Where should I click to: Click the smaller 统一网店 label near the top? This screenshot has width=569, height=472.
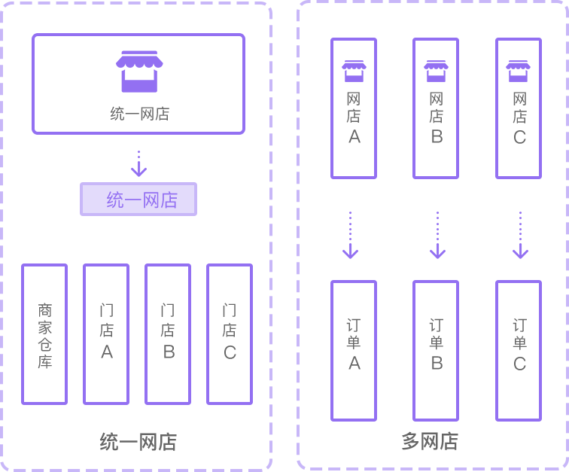point(140,114)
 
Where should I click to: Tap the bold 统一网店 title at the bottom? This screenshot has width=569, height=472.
point(138,442)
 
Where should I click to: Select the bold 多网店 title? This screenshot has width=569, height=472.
point(430,441)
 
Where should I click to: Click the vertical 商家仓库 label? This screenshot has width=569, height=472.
point(45,336)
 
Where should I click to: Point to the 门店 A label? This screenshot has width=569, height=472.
point(107,331)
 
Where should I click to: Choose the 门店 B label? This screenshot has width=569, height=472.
point(168,331)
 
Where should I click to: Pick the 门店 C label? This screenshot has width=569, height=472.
point(230,331)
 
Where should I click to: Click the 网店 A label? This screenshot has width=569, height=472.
point(354,118)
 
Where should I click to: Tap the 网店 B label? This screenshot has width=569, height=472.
point(437,118)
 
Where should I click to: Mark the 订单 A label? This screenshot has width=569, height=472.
point(354,345)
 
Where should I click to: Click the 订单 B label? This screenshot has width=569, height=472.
point(437,345)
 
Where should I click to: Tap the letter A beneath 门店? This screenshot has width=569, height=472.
point(107,352)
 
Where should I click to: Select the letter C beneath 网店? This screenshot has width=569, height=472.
point(519,138)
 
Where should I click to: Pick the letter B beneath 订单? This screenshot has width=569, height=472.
point(437,364)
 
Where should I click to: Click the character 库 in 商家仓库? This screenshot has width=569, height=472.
point(45,362)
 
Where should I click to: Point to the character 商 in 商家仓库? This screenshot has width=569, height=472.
point(45,310)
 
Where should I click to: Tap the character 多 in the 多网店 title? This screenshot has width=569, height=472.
point(410,441)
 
